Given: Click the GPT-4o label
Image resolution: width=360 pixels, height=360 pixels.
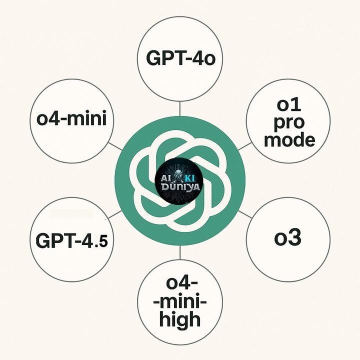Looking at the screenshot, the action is point(180,58).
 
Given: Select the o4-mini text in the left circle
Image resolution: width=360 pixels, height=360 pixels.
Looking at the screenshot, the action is point(71,118).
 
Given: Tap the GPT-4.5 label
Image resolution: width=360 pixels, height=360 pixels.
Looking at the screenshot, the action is point(72,240).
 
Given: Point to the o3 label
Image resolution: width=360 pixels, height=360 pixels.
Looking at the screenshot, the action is point(287,237).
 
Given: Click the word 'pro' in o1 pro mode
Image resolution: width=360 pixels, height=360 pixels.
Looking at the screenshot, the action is point(289,123).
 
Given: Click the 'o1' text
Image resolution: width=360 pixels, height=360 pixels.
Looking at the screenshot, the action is point(289,105).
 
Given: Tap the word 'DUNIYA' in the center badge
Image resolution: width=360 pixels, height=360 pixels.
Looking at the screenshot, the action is point(180,187).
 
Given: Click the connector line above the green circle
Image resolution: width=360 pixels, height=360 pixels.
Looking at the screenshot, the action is point(180,108).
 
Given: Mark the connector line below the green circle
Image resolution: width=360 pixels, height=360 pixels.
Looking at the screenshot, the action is point(180,252).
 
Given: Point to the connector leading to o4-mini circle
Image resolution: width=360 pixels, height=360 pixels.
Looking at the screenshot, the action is point(115,146).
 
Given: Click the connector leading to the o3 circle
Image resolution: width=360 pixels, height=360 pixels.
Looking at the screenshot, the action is point(245,214).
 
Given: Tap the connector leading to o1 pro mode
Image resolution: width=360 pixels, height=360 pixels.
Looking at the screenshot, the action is point(245,146).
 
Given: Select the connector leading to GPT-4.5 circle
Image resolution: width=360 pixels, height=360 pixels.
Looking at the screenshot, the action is point(115,214).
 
